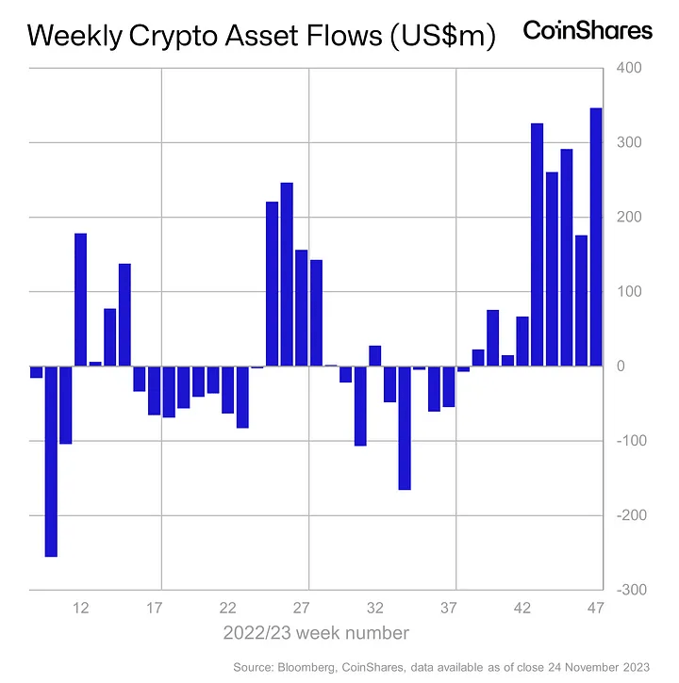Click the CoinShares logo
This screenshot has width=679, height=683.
(587, 31)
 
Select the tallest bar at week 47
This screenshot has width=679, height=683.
(596, 236)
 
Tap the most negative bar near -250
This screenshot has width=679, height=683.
(51, 461)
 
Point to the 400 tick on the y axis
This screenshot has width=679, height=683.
(629, 68)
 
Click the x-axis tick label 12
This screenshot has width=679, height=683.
(81, 608)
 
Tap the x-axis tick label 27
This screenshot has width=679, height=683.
(303, 608)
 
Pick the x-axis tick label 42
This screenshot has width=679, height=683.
(523, 608)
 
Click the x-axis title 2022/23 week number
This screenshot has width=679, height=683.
(316, 632)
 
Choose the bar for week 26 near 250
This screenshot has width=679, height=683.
(288, 274)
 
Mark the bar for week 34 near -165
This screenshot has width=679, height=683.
(405, 428)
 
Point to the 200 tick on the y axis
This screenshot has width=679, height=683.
(629, 217)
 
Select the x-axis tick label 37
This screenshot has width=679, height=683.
(450, 608)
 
